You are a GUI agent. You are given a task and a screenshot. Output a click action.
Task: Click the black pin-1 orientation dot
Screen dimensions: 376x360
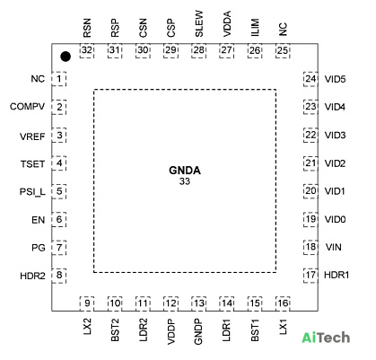tap(66, 57)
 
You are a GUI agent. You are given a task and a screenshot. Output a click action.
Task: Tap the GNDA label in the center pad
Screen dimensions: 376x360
tap(185, 171)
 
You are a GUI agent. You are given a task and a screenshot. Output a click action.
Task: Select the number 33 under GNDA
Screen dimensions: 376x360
tap(185, 181)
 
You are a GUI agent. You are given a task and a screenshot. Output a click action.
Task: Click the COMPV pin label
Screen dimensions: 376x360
tap(27, 107)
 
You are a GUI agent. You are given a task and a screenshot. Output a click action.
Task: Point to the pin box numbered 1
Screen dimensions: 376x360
tap(59, 79)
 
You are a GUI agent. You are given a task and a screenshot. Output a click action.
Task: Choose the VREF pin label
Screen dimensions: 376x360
tap(32, 136)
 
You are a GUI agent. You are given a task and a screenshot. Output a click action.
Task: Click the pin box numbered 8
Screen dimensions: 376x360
tap(59, 276)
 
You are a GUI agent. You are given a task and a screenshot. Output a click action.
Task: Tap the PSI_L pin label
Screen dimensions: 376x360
tap(32, 191)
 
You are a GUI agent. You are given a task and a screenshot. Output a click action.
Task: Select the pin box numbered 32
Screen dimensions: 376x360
tap(87, 50)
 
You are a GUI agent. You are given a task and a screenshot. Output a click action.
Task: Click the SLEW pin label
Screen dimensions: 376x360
tap(199, 23)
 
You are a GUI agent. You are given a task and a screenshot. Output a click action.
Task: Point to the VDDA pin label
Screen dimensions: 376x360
tap(227, 23)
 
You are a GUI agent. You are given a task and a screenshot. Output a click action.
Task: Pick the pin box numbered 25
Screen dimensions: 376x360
tap(283, 50)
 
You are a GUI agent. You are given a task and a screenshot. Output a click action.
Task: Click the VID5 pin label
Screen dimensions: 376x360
tap(335, 79)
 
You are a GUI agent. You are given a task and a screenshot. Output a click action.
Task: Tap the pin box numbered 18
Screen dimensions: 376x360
tap(310, 247)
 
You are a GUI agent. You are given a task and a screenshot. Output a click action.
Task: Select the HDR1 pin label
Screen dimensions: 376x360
tap(337, 275)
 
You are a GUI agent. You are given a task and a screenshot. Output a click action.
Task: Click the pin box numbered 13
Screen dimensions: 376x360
tap(199, 303)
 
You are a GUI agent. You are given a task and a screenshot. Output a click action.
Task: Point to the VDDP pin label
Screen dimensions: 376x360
tap(171, 331)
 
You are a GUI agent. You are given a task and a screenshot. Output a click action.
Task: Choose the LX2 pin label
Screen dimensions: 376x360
tap(87, 327)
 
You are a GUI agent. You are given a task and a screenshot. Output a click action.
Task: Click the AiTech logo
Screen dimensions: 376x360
tap(326, 338)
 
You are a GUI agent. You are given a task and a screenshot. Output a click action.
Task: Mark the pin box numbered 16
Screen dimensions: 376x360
tap(283, 303)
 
